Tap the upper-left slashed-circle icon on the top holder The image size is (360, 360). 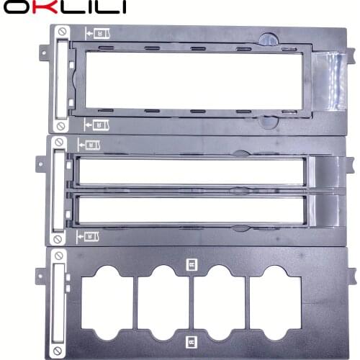point(63,33)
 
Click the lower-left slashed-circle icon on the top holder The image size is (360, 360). point(63,127)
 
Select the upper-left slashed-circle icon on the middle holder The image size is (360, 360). point(58,145)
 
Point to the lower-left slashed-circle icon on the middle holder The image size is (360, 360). point(58,236)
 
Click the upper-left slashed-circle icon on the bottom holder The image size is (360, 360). point(58,256)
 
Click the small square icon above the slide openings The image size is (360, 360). point(190,264)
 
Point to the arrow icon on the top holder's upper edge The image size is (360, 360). point(96,32)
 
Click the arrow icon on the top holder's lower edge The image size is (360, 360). point(96,123)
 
